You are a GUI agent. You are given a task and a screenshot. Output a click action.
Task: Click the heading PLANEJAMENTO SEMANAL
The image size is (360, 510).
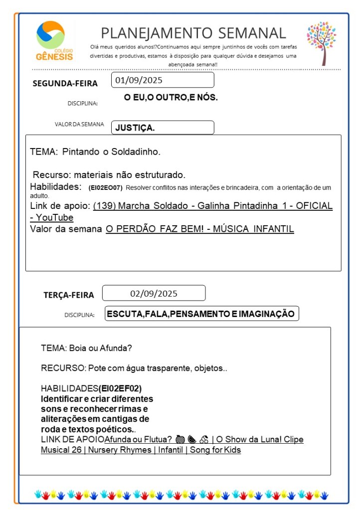click(x=193, y=33)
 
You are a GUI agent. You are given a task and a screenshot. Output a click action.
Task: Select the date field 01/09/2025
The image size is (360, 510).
click(x=164, y=80)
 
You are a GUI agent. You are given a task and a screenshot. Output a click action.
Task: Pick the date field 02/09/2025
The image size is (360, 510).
click(x=154, y=293)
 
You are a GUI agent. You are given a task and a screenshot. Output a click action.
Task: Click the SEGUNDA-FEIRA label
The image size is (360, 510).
click(x=65, y=83)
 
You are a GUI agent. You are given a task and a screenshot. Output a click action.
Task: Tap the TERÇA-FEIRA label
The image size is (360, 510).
click(x=68, y=295)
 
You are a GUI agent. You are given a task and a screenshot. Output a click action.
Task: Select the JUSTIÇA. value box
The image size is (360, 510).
click(x=163, y=128)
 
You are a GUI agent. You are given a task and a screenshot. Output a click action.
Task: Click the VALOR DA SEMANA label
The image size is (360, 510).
click(x=79, y=125)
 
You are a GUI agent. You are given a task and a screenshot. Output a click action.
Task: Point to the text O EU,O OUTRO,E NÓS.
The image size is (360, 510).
click(x=171, y=98)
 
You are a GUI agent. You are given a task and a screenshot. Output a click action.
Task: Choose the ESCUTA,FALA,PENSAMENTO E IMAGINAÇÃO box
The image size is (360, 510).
click(x=201, y=314)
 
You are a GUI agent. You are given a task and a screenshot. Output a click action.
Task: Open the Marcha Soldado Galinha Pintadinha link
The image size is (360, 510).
click(x=212, y=206)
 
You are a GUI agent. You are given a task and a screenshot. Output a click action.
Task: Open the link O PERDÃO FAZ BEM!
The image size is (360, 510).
click(x=199, y=229)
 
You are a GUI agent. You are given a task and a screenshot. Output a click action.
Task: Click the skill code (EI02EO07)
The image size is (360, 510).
click(x=105, y=188)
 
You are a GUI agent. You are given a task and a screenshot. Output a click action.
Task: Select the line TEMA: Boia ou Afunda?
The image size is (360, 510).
click(x=86, y=347)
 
